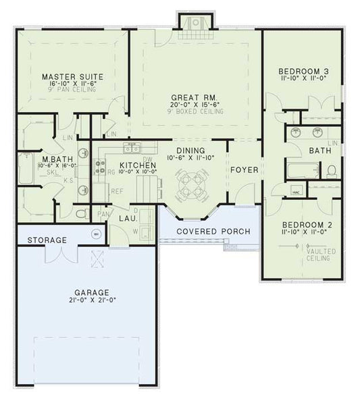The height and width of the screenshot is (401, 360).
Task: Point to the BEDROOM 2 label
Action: pos(304,224)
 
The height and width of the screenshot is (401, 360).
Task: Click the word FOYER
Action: pos(244,169)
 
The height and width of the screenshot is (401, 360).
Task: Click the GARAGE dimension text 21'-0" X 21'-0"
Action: pos(92,300)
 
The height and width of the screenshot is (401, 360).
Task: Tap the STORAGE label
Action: pos(47,240)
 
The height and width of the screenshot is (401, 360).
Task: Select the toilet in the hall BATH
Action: pos(332,171)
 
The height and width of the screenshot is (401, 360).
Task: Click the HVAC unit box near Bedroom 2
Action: pos(295,192)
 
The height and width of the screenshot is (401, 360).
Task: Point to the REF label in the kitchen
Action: pos(117,191)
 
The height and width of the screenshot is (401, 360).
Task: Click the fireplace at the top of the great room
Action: pos(197,24)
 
